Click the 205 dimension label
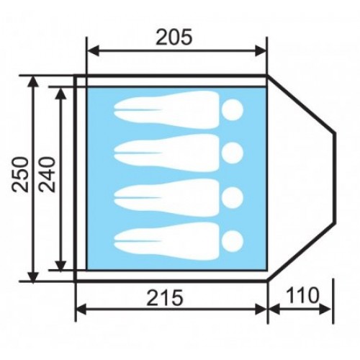pyautogui.click(x=174, y=37)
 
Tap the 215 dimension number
pyautogui.click(x=165, y=297)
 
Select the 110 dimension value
pyautogui.click(x=303, y=295)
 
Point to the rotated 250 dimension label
pyautogui.click(x=20, y=174)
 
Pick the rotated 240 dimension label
pyautogui.click(x=48, y=174)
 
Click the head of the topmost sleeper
pyautogui.click(x=232, y=109)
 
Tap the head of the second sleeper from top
pyautogui.click(x=232, y=153)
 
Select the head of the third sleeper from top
pyautogui.click(x=232, y=197)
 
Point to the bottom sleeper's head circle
pyautogui.click(x=232, y=241)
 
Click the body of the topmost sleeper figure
pyautogui.click(x=168, y=109)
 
